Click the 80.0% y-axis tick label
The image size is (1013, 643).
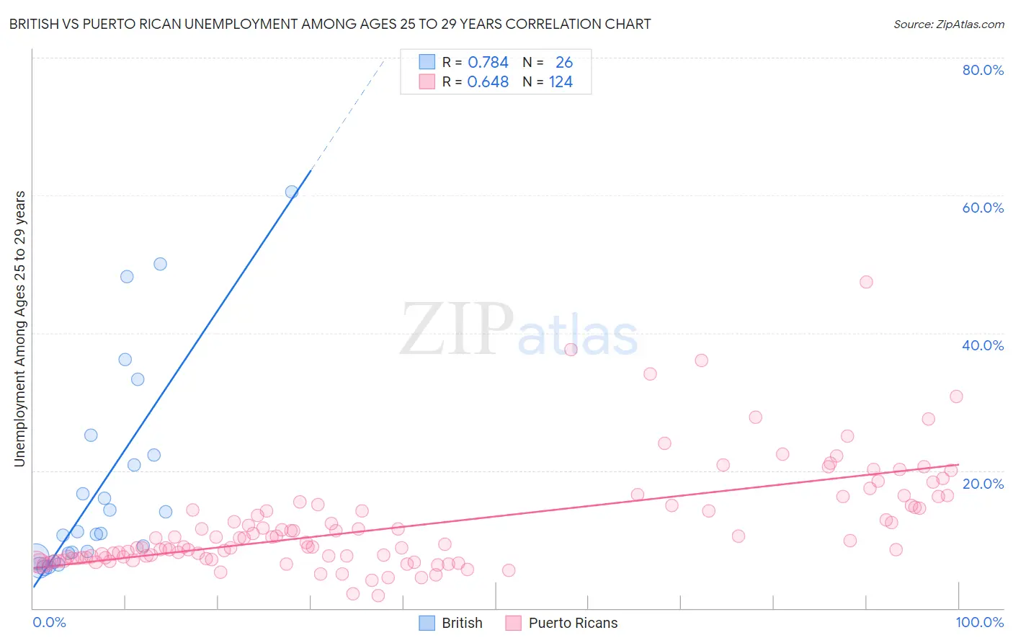pos(983,70)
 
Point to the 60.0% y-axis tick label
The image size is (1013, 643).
pos(983,208)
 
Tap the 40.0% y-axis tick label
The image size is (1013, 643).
pos(983,345)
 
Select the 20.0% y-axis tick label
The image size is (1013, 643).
pos(983,483)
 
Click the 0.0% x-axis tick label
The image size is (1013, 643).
pos(49,622)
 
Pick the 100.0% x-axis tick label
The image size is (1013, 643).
pos(979,622)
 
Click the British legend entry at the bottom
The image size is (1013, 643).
pos(451,623)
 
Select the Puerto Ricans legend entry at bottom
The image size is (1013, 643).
pos(562,623)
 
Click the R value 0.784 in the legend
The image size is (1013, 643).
pos(488,63)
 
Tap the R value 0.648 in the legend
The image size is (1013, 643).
pos(488,82)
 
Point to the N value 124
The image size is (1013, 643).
pos(561,82)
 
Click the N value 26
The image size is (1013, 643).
pos(563,63)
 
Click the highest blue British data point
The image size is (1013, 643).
pos(292,192)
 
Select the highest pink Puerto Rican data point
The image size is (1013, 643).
pos(866,282)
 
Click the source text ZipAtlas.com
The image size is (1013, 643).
pos(948,25)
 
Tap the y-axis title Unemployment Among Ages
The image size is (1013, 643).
pos(20,328)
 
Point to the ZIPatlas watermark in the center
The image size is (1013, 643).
pos(519,329)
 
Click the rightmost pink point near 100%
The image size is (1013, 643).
pos(956,396)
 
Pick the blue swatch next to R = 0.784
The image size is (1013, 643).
pos(427,62)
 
